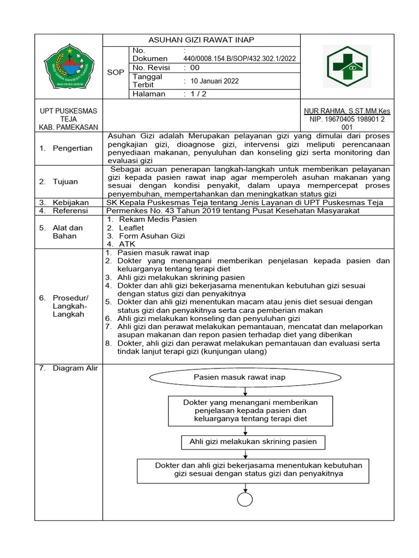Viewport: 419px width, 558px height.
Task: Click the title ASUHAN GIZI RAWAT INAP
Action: (x=202, y=40)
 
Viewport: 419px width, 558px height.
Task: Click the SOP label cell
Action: (x=116, y=72)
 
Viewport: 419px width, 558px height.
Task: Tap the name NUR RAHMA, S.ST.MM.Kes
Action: (x=347, y=111)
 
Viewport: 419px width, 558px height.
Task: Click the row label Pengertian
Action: (x=72, y=148)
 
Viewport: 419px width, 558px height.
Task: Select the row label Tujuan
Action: (x=65, y=181)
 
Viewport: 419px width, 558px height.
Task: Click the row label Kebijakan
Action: (x=70, y=202)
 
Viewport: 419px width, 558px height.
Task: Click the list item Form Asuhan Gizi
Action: (x=152, y=236)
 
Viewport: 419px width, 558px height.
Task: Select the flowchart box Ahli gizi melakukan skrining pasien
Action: (x=253, y=441)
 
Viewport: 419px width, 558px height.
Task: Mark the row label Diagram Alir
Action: (x=75, y=368)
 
